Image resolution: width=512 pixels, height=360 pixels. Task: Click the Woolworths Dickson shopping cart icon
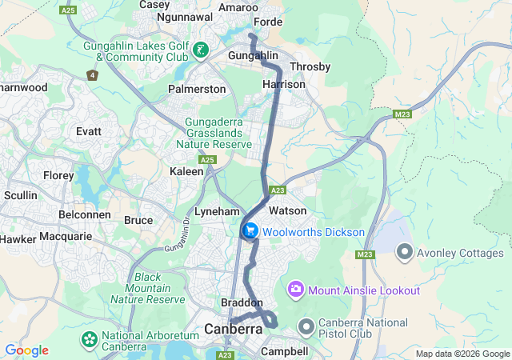pos(250,231)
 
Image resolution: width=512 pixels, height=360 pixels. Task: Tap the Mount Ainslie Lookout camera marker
pos(296,288)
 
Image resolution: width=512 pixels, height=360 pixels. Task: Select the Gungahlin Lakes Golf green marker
pos(201,53)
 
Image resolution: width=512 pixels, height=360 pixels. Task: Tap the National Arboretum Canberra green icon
pos(88,340)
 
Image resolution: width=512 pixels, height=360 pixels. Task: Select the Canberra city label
pos(234,329)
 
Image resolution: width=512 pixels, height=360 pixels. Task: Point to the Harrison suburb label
pos(284,84)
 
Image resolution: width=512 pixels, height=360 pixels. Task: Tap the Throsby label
pos(310,66)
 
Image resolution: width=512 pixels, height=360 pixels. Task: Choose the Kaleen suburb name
pos(186,171)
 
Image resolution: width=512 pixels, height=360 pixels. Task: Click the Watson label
pos(288,210)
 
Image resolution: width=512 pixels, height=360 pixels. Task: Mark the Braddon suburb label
pos(242,303)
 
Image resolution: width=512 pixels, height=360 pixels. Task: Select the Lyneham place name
pos(217,211)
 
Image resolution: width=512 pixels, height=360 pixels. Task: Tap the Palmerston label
pos(197,89)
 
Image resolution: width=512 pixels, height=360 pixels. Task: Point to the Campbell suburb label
pos(284,351)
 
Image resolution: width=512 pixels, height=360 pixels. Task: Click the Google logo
pos(26,350)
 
